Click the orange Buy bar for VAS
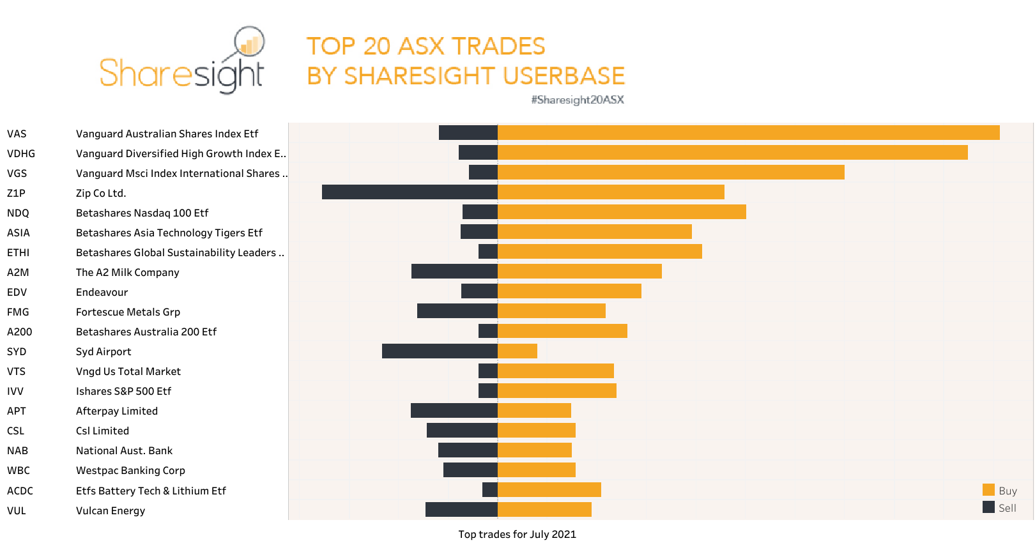(x=747, y=133)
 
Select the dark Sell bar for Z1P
(x=409, y=192)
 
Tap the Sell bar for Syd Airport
(x=440, y=351)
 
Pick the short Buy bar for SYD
(x=517, y=351)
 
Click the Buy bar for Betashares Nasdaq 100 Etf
(x=621, y=212)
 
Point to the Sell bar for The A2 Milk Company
(x=454, y=271)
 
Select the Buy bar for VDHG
(x=732, y=153)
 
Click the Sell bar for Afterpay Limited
(x=454, y=410)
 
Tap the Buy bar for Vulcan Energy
(x=544, y=510)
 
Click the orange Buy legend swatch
(x=988, y=490)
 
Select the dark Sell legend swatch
(x=988, y=507)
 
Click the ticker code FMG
(x=18, y=312)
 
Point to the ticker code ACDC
(x=20, y=491)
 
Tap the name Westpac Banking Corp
(x=130, y=470)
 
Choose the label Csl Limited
(x=102, y=431)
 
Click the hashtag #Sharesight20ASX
(x=577, y=100)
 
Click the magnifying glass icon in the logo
(x=249, y=42)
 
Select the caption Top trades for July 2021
(x=517, y=534)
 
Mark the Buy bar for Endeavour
(x=569, y=291)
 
